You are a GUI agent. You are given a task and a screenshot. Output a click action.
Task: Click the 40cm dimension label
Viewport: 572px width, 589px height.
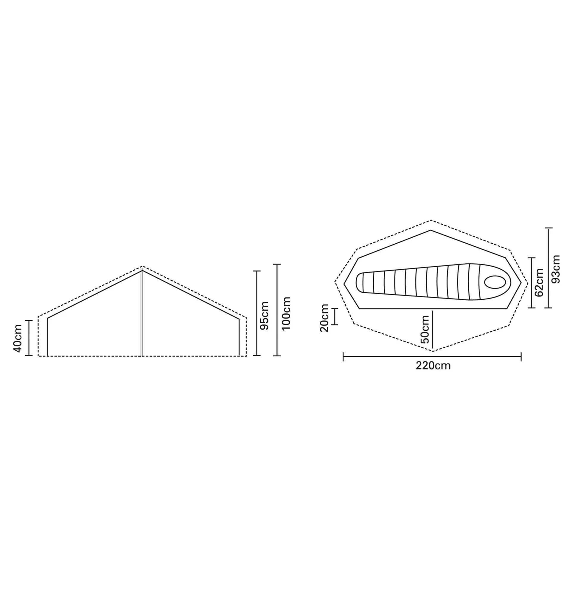[x=18, y=338]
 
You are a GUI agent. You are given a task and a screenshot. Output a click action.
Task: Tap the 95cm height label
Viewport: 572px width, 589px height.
[x=264, y=316]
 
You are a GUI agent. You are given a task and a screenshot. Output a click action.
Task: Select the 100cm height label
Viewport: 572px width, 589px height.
[x=286, y=314]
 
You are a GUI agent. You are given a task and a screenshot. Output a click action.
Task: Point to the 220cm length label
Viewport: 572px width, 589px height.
[x=433, y=366]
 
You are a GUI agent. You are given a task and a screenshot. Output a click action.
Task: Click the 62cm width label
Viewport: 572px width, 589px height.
[x=539, y=283]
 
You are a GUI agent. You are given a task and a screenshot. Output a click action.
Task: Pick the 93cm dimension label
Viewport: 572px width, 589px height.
[x=556, y=269]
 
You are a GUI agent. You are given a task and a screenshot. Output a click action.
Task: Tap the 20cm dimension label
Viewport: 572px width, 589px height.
[x=324, y=318]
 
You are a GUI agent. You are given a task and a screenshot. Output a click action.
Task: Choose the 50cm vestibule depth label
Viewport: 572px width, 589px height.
[x=425, y=330]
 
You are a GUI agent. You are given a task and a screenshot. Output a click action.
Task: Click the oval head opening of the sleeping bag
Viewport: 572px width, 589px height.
[x=495, y=282]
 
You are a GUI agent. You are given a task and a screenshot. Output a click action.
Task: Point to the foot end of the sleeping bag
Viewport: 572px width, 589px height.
[x=360, y=282]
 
